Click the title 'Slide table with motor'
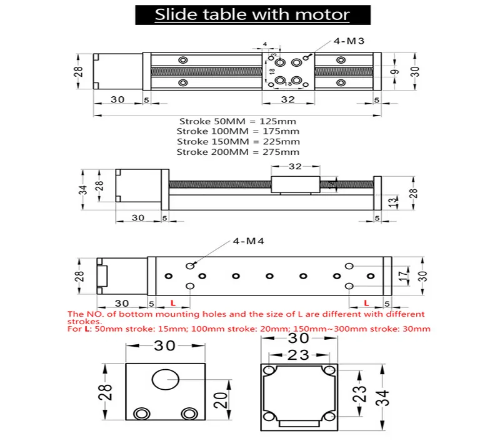click(x=252, y=14)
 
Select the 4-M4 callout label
click(x=249, y=241)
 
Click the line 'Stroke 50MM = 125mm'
click(x=237, y=121)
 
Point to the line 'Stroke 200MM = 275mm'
click(x=237, y=152)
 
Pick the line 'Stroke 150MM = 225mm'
click(x=237, y=142)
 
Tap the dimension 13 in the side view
click(x=391, y=201)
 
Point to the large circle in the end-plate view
click(x=166, y=380)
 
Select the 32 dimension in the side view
click(x=296, y=167)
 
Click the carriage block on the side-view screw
click(x=296, y=185)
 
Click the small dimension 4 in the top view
click(x=265, y=44)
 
